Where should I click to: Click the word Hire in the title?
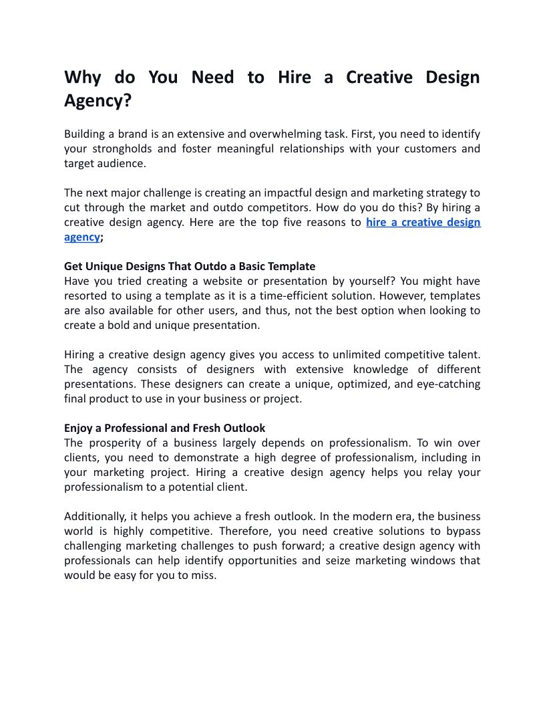[x=294, y=78]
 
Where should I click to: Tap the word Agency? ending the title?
[x=98, y=101]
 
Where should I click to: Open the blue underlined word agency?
[x=81, y=237]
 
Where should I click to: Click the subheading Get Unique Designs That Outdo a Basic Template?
[x=190, y=266]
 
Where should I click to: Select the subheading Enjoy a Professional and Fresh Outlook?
[x=164, y=428]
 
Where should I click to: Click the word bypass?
[x=460, y=531]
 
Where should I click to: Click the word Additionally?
[x=97, y=516]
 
